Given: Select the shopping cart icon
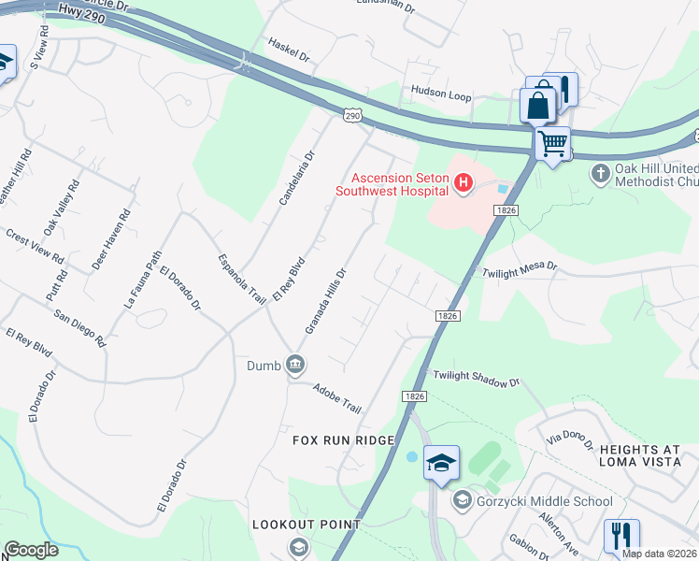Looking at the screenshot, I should click(553, 144).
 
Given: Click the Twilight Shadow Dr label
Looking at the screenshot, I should click(476, 379).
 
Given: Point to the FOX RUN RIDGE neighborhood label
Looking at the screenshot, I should click(344, 439).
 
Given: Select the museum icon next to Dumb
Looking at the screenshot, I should click(295, 364).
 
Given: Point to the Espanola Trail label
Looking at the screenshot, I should click(242, 278).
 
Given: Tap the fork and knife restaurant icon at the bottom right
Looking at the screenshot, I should click(621, 535).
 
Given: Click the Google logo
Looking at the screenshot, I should click(31, 550).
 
